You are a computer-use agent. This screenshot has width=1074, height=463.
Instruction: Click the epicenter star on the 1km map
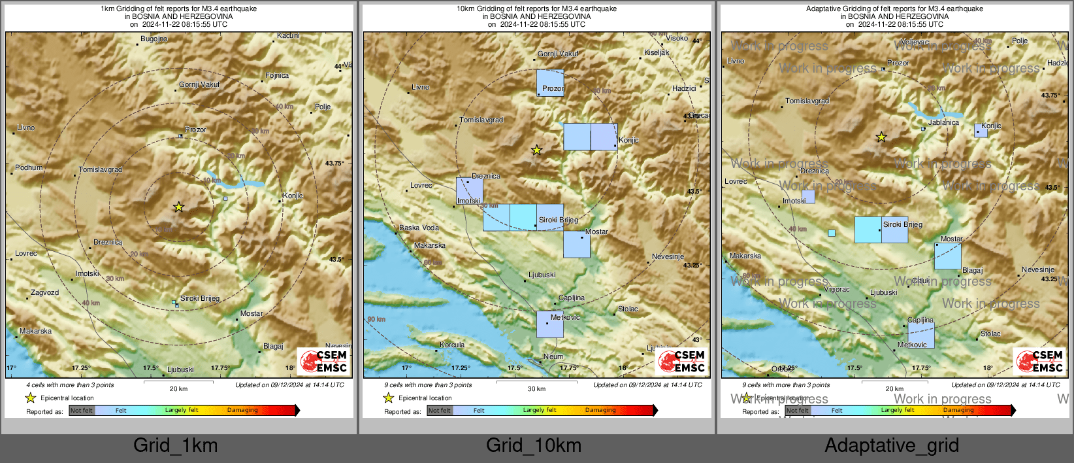pos(178,207)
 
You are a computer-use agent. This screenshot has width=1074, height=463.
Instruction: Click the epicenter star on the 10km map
pos(536,150)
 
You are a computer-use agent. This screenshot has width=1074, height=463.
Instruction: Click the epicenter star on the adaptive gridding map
pos(881,137)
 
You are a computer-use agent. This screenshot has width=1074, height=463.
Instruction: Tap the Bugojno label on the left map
pos(154,39)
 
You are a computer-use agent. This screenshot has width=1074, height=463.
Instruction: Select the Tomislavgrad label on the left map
pos(101,170)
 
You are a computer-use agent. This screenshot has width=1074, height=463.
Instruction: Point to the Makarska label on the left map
pos(35,332)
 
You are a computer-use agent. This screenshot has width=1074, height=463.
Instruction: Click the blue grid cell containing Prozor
pos(550,83)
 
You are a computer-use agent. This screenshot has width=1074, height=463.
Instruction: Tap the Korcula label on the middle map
pos(452,345)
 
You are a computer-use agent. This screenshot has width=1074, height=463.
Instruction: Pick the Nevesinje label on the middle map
pos(668,257)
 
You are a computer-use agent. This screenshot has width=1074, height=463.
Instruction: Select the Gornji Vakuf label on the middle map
pos(558,54)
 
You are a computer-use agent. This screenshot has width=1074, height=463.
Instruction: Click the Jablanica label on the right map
pos(943,123)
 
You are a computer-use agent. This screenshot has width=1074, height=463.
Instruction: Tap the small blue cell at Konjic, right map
pos(981,130)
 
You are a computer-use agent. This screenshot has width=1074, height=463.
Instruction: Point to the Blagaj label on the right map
pos(972,271)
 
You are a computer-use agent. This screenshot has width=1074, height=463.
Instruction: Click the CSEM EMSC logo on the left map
pos(323,362)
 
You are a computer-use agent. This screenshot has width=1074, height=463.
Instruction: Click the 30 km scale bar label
pos(536,389)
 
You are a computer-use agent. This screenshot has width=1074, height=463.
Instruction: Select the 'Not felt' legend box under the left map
pos(82,411)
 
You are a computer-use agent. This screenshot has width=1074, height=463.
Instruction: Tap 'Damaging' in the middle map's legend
pos(600,411)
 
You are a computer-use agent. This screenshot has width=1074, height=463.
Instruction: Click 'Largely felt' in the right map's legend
pos(898,411)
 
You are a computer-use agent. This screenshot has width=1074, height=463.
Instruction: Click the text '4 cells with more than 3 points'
pos(70,385)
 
